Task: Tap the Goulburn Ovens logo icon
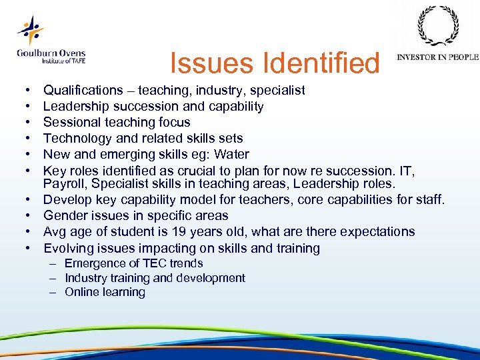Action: tap(30, 30)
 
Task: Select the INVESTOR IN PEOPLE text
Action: tap(437, 57)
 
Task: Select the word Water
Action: tap(233, 154)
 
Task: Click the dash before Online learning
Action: tap(53, 292)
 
